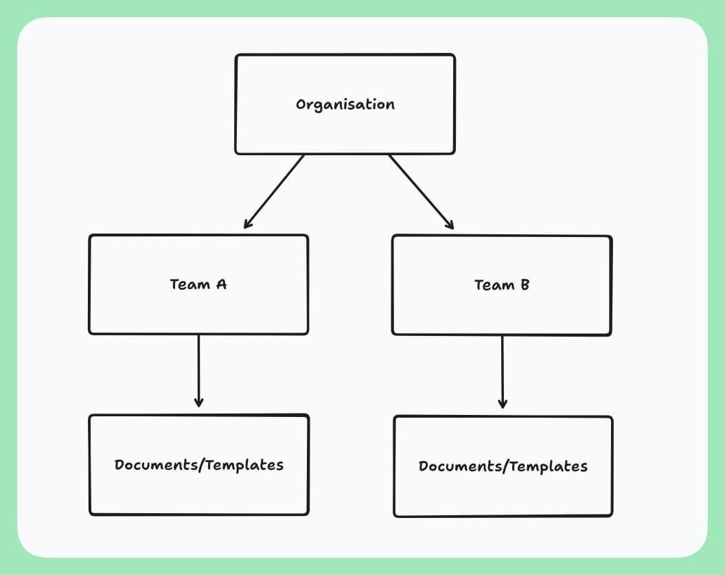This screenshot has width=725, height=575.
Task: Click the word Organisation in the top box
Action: pos(345,105)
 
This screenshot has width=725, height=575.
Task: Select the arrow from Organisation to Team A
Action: pos(275,191)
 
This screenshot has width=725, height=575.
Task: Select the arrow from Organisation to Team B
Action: pos(421,191)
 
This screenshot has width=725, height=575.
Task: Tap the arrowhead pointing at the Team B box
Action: pos(450,225)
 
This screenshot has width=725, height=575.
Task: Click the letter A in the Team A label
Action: pos(220,284)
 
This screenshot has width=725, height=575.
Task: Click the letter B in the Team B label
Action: pos(524,284)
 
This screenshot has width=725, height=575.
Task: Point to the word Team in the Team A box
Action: pos(189,284)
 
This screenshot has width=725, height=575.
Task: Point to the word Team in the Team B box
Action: pos(493,284)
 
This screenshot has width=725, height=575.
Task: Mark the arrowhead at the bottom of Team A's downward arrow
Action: pos(198,403)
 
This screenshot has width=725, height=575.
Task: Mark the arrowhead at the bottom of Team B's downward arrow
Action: pos(502,405)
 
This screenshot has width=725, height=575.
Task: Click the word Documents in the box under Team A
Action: pos(156,465)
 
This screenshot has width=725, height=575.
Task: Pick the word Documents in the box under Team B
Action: pos(460,467)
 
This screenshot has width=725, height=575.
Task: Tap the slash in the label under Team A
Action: pos(201,465)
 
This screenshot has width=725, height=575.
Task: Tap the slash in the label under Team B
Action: pos(505,467)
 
